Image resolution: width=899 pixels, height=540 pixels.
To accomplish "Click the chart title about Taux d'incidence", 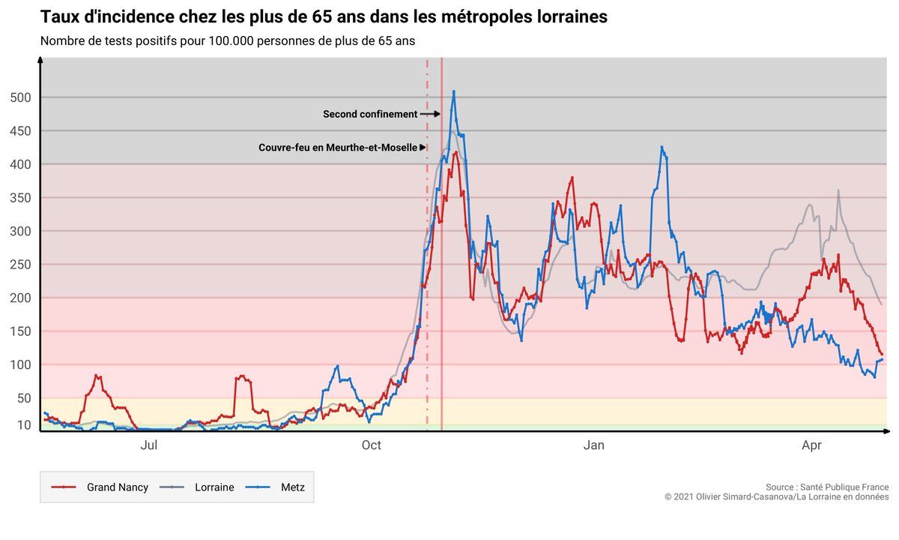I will (324, 16).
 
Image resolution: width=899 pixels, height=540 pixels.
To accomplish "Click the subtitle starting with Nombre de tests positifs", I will (228, 40).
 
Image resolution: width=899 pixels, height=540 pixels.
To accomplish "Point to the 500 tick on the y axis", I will (21, 97).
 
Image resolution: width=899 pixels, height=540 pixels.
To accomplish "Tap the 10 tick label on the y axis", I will (24, 425).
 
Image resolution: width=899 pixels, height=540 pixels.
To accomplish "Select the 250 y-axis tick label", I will (21, 265).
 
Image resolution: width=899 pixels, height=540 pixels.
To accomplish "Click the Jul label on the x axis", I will (148, 446).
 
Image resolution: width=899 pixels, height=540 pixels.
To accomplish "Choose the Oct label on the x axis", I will (371, 446).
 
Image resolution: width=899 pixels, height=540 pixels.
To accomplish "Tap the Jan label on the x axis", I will (593, 446).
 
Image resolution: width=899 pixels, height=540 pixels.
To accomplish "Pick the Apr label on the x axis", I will (811, 446).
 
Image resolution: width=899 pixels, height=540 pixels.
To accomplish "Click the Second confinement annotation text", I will (370, 115).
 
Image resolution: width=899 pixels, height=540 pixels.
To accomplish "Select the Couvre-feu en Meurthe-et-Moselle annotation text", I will (338, 148).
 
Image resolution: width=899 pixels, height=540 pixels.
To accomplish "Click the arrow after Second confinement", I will (430, 115).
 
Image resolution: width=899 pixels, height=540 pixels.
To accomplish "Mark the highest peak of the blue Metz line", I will (453, 91).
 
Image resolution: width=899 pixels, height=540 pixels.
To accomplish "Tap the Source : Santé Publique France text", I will (827, 487).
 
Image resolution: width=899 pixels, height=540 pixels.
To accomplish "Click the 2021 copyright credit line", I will (776, 497).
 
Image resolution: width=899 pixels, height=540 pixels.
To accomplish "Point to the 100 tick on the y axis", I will (21, 365).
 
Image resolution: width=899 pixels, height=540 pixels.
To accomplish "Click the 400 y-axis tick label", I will (21, 164).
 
